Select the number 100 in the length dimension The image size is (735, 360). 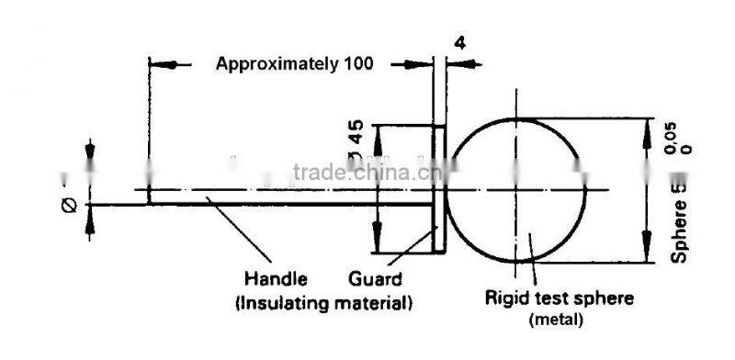point(359,64)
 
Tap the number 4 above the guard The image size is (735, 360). point(459,42)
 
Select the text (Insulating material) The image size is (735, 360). point(323,301)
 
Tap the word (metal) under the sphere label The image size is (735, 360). point(557,319)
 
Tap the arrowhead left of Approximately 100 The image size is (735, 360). point(162,64)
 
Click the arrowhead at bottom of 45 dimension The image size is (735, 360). point(379,242)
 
